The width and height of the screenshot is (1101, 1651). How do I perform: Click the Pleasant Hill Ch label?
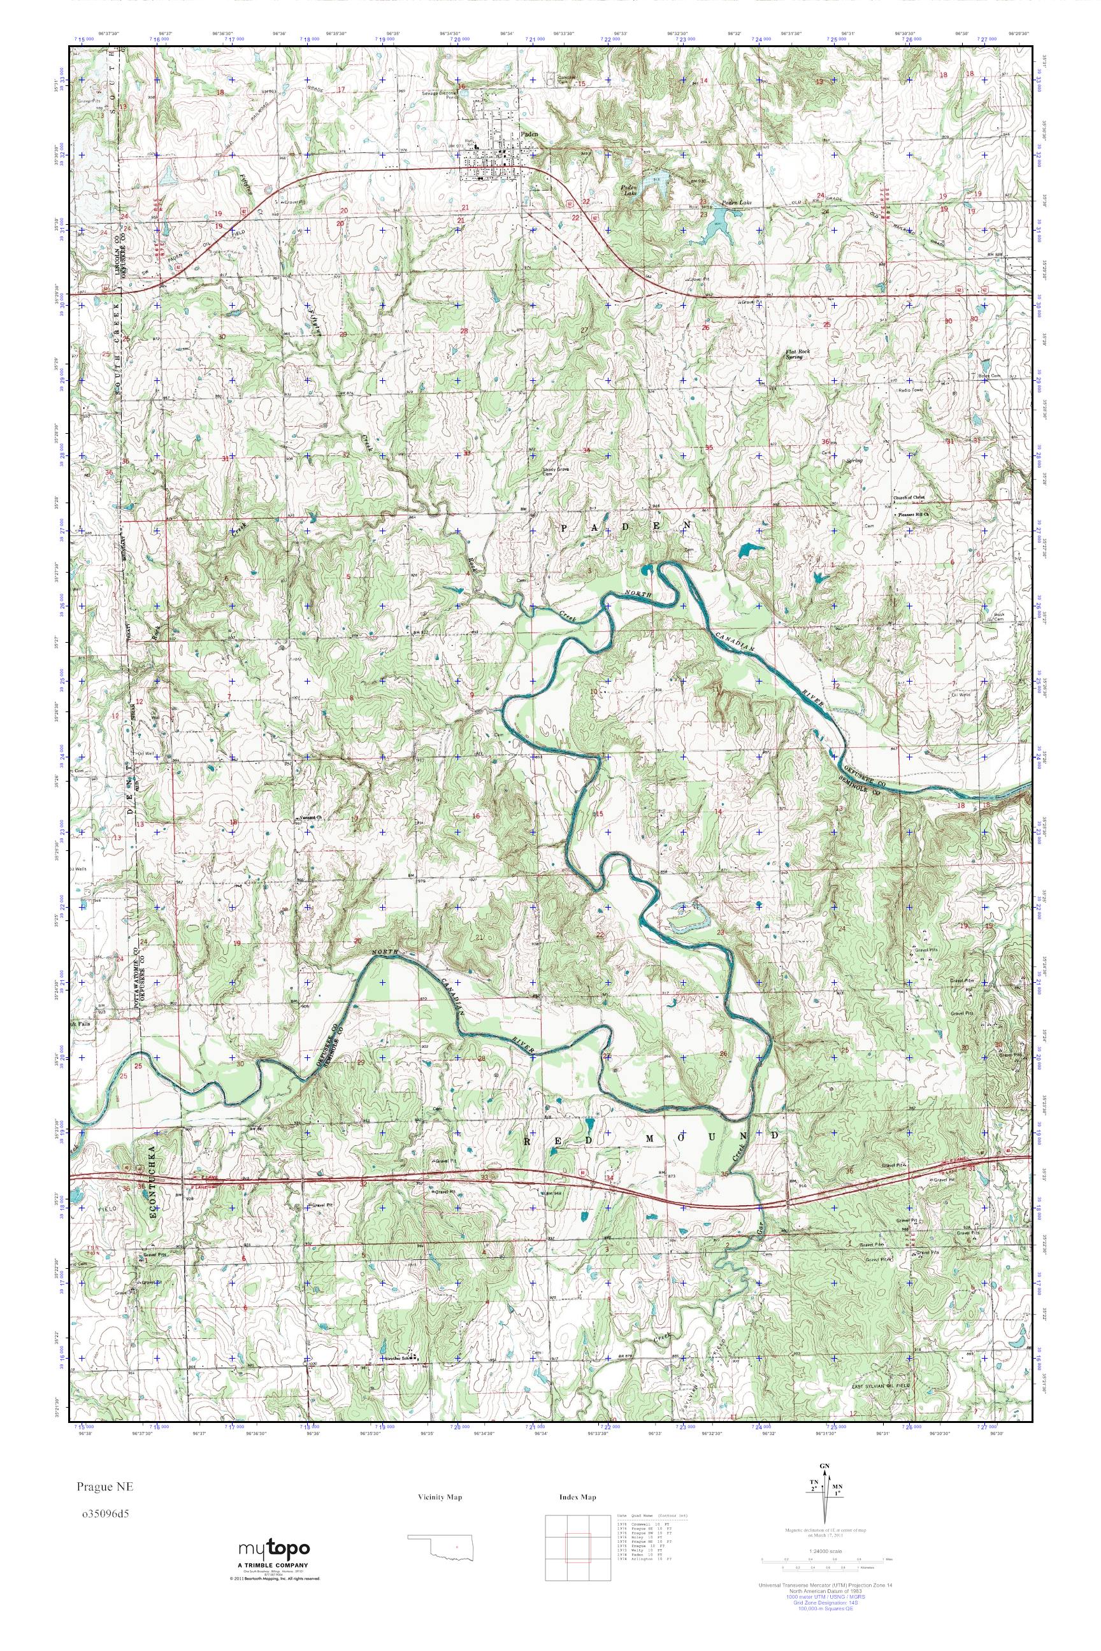click(915, 514)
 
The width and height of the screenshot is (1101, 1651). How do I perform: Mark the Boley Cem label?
click(989, 376)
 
